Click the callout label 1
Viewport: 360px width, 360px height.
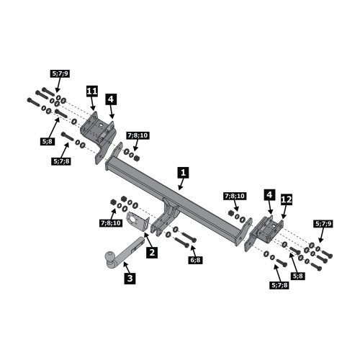click(183, 173)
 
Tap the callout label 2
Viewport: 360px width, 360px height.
click(152, 253)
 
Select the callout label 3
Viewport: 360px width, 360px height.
click(130, 279)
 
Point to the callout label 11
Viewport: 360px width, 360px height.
click(92, 91)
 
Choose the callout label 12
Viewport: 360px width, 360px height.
click(287, 199)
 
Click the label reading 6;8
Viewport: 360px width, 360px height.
click(196, 260)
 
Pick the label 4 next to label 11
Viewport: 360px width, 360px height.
click(111, 99)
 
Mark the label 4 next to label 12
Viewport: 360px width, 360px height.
click(269, 195)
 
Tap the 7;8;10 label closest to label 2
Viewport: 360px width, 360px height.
click(110, 223)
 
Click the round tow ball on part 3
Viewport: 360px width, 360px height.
click(111, 256)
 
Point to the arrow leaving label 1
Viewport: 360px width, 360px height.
click(181, 184)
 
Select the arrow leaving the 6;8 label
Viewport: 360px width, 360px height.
click(193, 251)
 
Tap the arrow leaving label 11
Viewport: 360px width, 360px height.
click(94, 104)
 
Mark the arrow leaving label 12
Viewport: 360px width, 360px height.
click(284, 212)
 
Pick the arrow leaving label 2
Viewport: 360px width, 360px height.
click(148, 239)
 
